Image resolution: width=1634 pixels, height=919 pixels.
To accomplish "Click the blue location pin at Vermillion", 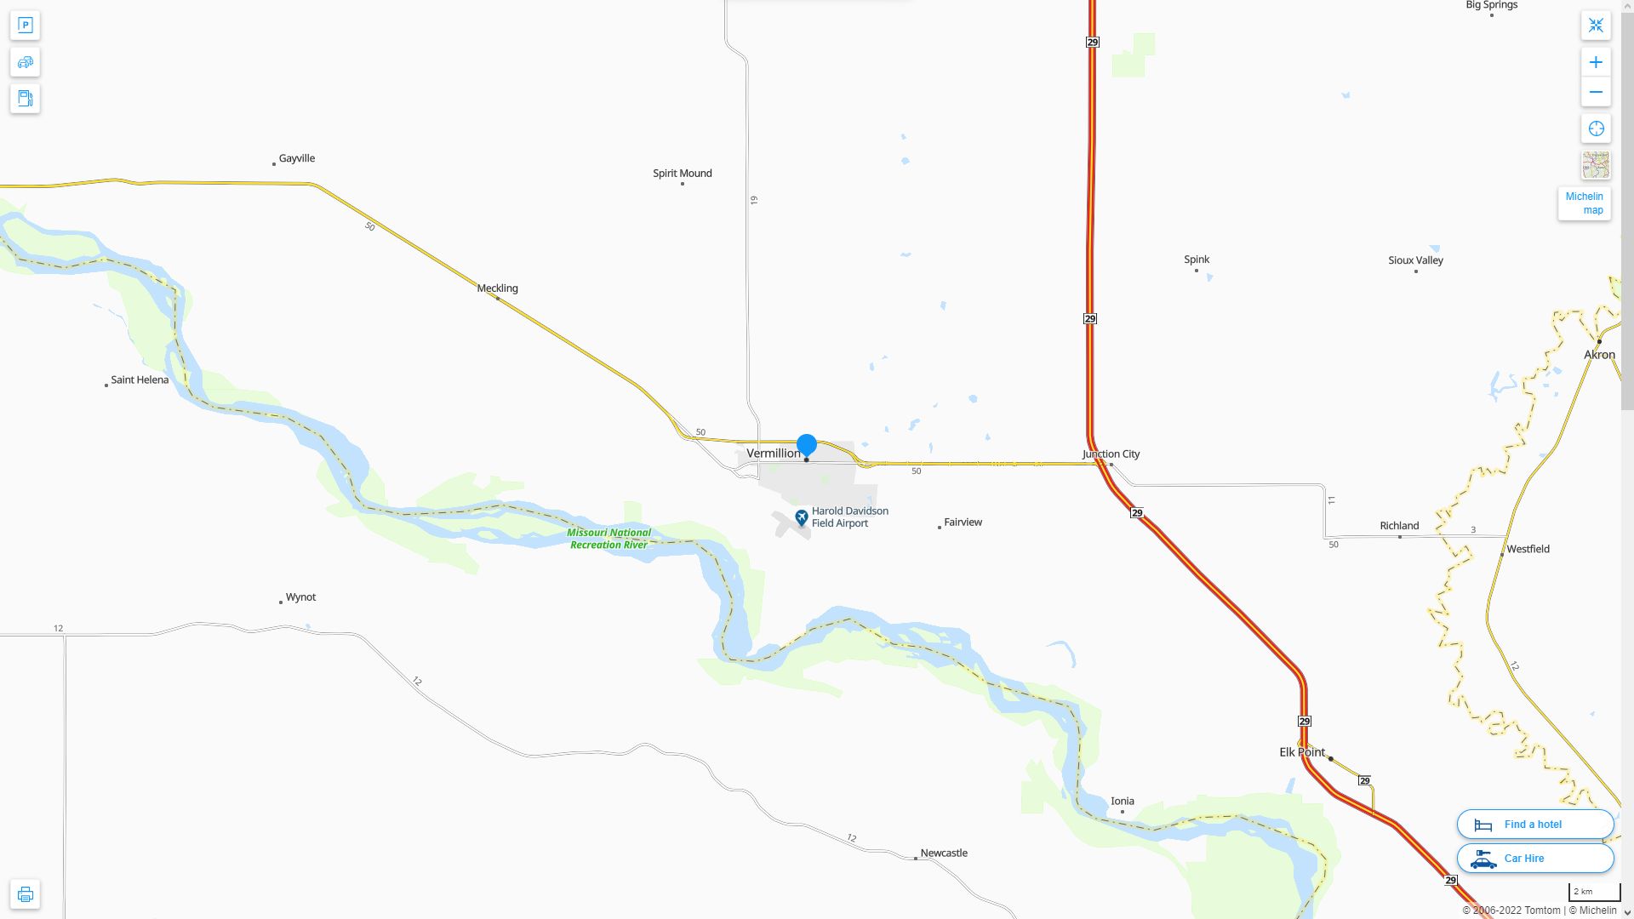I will (806, 445).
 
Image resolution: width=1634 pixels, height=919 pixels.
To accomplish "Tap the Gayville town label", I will (296, 158).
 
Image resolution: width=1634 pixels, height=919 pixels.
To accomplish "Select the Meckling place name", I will (497, 288).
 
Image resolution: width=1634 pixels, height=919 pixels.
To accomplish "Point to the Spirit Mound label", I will (682, 174).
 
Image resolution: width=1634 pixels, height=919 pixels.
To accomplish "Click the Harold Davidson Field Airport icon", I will (801, 517).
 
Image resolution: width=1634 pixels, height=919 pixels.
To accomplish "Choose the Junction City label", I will (1111, 454).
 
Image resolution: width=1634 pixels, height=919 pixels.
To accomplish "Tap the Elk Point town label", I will (1302, 752).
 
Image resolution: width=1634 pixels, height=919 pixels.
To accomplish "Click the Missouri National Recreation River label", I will (609, 539).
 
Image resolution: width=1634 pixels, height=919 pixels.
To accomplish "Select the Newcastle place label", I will (943, 853).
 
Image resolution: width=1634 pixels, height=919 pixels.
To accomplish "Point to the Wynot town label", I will (300, 597).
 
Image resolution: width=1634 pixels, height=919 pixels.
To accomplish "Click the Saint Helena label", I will (140, 380).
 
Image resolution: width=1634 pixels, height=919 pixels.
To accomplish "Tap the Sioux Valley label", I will (1415, 260).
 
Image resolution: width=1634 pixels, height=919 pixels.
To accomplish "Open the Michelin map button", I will (1584, 203).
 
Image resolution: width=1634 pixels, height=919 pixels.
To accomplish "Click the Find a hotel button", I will (1534, 825).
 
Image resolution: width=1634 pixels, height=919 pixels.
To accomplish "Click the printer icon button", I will (25, 894).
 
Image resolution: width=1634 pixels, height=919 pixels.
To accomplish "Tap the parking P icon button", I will (25, 26).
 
